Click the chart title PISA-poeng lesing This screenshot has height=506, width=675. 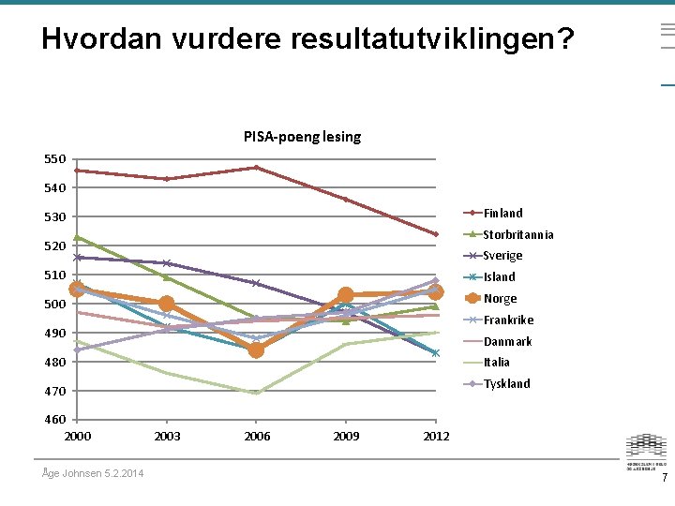pos(302,137)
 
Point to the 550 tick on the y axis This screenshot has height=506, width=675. pos(55,159)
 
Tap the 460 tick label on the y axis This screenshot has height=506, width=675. pos(55,420)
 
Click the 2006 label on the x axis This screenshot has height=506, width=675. pos(257,437)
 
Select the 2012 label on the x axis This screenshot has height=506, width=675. pos(436,437)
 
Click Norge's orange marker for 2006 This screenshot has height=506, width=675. pos(256,350)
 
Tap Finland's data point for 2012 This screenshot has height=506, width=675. pos(436,234)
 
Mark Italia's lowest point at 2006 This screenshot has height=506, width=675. pos(256,393)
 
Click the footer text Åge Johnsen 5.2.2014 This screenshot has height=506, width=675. pos(94,473)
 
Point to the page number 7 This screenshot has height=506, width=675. pos(665,478)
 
